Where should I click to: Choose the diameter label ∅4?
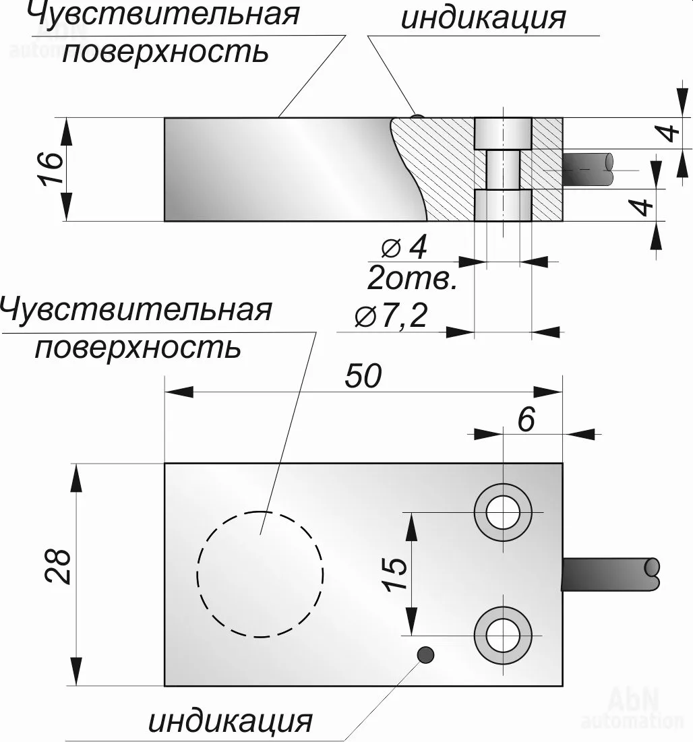click(x=404, y=248)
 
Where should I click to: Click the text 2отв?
click(x=413, y=278)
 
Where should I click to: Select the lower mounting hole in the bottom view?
click(x=501, y=633)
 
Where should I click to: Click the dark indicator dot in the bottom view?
click(x=425, y=654)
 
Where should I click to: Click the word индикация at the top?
click(x=483, y=18)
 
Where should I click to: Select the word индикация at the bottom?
click(x=231, y=721)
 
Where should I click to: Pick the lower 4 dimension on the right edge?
click(x=645, y=205)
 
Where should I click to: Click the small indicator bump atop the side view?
click(x=417, y=117)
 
